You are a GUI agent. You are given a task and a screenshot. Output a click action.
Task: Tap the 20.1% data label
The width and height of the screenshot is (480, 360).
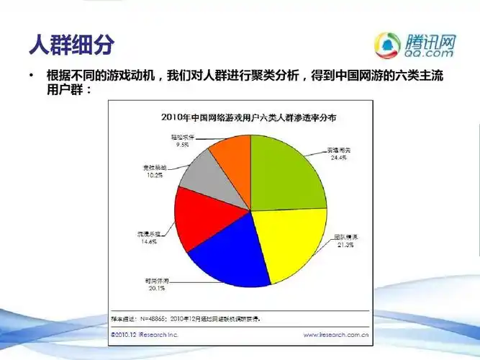tap(156, 288)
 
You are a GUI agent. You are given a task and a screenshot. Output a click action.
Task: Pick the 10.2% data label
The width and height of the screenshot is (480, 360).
tap(154, 174)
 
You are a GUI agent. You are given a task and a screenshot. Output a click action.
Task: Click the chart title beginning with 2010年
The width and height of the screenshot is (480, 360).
tap(240, 116)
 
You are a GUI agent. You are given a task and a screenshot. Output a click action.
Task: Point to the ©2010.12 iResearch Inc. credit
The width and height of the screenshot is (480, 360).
tap(145, 335)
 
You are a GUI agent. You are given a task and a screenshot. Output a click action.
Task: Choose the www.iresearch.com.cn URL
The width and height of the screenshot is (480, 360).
tap(336, 335)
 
